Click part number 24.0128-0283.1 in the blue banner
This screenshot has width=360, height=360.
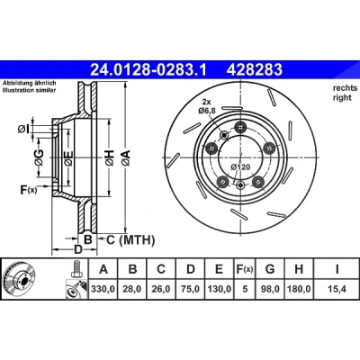pos(148,69)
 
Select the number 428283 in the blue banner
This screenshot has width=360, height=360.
pos(255,69)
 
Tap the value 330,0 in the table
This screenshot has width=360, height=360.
pos(103,289)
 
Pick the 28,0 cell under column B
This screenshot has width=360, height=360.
pos(132,289)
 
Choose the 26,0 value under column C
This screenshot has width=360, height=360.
pos(161,289)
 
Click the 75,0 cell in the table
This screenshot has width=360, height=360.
pos(191,289)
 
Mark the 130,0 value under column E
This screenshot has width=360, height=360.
pos(220,289)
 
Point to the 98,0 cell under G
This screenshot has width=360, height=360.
pos(270,289)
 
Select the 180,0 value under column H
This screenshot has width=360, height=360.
pos(299,289)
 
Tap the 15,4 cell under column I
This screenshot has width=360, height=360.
pos(337,289)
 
